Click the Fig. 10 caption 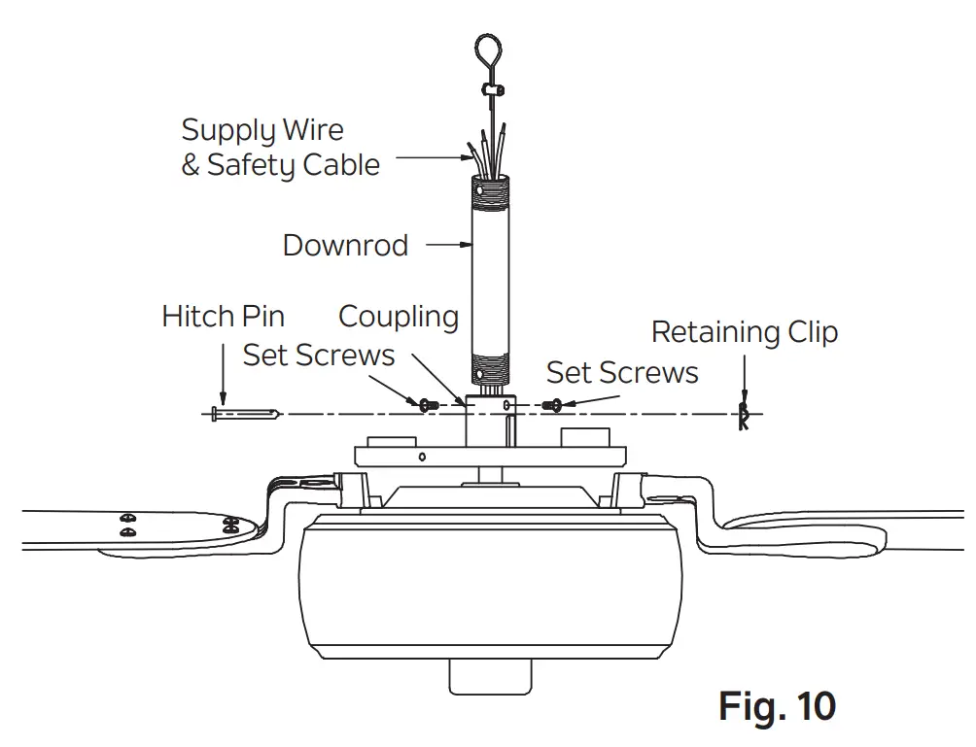(x=777, y=705)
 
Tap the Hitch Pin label (x=224, y=317)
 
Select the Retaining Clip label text (x=744, y=332)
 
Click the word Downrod (x=345, y=245)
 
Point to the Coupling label (x=398, y=317)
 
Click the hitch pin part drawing (x=243, y=415)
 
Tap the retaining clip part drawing (x=744, y=417)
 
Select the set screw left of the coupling (x=425, y=403)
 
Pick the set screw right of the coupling (x=554, y=404)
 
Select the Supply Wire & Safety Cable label (x=280, y=148)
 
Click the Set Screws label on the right (x=622, y=372)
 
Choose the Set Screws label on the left (x=319, y=356)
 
